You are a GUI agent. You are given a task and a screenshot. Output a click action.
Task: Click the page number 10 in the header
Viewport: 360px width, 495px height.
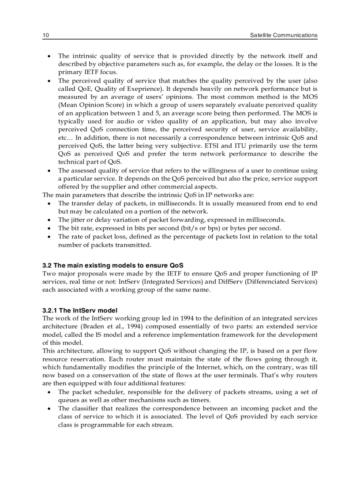click(x=45, y=35)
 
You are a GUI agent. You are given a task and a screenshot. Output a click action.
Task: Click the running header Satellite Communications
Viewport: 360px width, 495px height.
click(x=283, y=35)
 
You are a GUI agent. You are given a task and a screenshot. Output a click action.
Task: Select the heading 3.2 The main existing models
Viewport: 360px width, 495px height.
click(x=112, y=265)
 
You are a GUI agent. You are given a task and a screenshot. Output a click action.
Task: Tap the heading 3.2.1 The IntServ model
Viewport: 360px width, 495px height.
click(x=80, y=310)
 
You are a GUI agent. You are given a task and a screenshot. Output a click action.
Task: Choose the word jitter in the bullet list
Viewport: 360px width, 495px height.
click(x=78, y=220)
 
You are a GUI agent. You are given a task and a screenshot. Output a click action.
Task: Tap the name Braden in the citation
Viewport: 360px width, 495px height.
click(x=92, y=326)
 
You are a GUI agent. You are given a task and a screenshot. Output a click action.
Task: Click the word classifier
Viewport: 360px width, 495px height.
click(x=86, y=409)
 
